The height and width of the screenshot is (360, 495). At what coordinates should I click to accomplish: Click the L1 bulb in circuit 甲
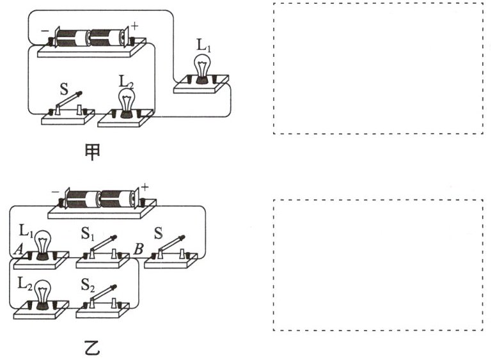[x=203, y=68]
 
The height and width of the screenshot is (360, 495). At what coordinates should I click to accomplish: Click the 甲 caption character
[x=93, y=152]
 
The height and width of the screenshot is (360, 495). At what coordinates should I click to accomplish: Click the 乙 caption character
[x=93, y=349]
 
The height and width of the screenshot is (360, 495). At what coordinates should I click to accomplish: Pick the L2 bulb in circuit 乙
[x=43, y=293]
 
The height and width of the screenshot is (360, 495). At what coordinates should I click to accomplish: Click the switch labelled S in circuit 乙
[x=169, y=246]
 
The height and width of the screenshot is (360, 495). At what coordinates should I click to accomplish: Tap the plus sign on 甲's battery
[x=135, y=27]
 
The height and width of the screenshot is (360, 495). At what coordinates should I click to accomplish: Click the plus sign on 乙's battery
[x=145, y=187]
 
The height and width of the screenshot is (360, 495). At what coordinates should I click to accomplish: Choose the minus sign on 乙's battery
[x=55, y=191]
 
